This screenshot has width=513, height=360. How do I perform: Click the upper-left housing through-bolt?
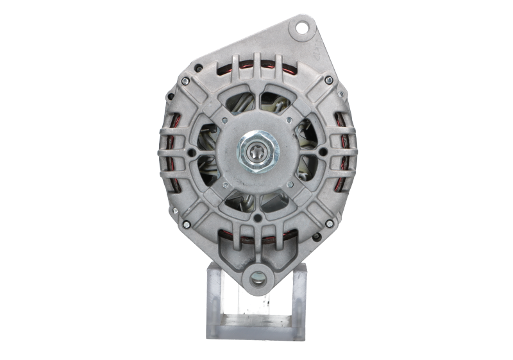185,81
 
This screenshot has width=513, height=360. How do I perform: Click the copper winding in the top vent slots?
256,64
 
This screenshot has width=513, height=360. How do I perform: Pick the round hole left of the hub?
190,152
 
